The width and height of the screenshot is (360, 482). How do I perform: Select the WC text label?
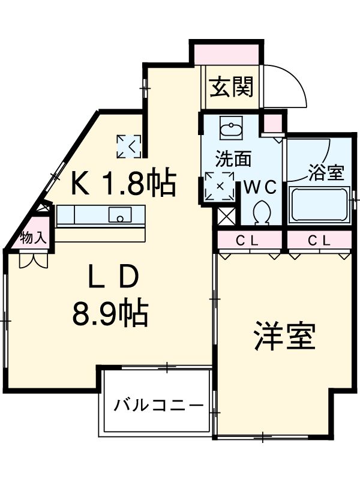click(259, 187)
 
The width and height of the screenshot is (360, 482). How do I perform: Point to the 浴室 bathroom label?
click(326, 173)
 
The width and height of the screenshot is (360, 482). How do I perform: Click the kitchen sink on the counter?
click(122, 214)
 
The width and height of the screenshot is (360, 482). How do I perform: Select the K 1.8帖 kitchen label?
click(123, 182)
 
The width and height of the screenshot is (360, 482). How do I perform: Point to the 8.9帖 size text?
click(110, 313)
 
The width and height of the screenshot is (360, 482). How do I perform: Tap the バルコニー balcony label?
click(158, 405)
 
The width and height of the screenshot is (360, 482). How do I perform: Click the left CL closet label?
click(246, 241)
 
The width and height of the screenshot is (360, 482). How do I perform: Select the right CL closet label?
click(319, 241)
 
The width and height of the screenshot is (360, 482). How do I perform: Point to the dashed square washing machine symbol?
click(219, 186)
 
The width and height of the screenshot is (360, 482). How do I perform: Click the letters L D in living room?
click(113, 278)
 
